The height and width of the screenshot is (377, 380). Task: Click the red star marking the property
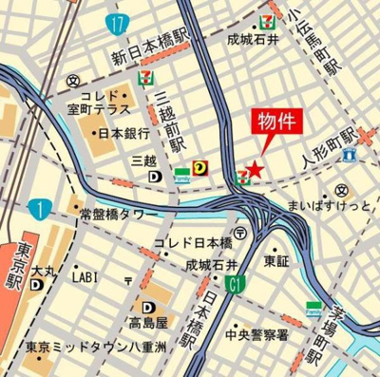click(255, 170)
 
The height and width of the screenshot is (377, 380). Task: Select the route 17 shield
click(116, 23)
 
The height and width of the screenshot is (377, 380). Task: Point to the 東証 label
click(276, 259)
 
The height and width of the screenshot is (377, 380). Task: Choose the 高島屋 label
click(149, 325)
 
